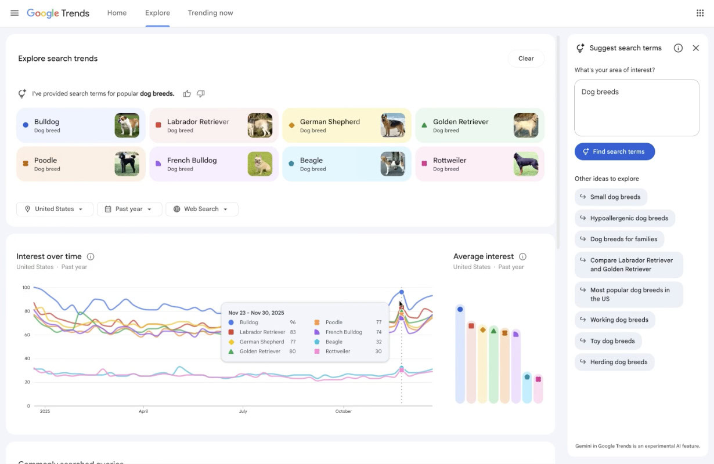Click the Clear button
tap(526, 59)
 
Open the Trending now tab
tap(210, 13)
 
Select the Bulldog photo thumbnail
tap(127, 125)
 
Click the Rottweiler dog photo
tap(525, 164)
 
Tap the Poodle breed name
tap(45, 161)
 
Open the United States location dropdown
tap(55, 209)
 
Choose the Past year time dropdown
tap(129, 209)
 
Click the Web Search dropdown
tap(201, 209)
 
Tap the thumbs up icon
tap(187, 93)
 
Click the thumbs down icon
tap(201, 93)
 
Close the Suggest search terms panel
tap(695, 48)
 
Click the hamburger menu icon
tap(15, 13)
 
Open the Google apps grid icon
tap(699, 13)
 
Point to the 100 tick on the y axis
tap(26, 288)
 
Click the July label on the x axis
tap(243, 411)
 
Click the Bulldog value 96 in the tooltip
tap(293, 322)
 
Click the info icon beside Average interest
tap(522, 256)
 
